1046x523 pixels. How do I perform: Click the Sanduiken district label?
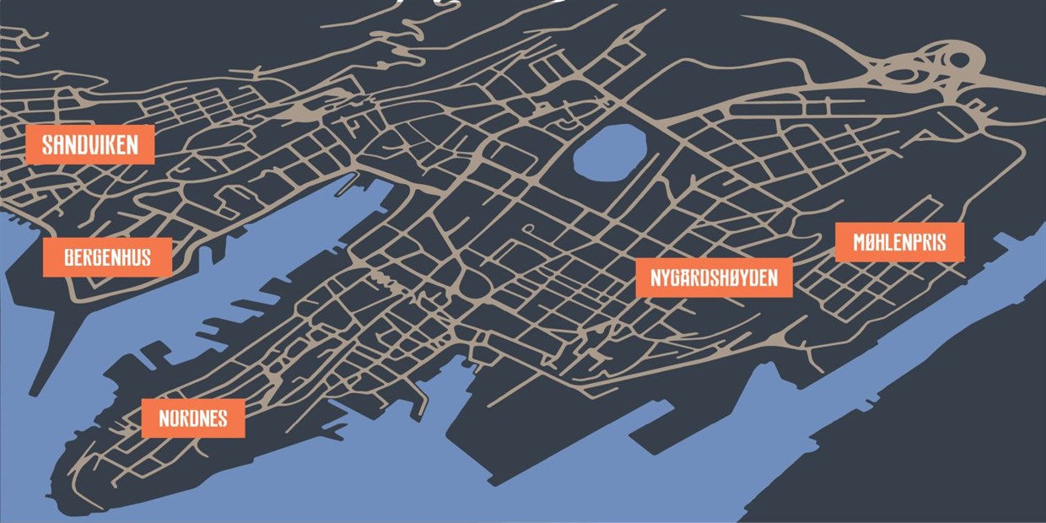89,144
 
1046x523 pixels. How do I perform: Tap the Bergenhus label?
107,256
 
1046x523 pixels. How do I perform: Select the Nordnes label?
192,418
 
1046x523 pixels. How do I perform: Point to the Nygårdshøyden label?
714,278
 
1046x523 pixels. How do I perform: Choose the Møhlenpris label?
899,243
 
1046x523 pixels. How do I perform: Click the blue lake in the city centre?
610,151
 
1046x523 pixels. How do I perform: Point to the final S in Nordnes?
222,418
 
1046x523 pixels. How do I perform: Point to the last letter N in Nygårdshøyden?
770,278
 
